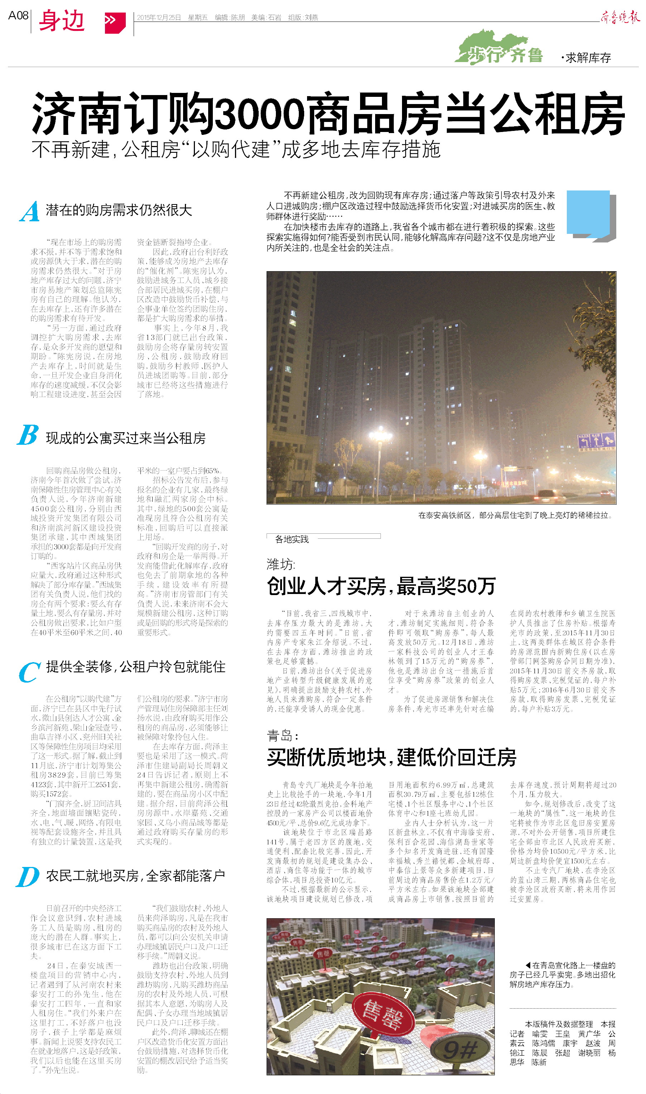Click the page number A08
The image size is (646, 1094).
click(x=18, y=16)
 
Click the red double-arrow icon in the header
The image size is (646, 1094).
click(x=115, y=22)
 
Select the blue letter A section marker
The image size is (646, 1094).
click(x=30, y=212)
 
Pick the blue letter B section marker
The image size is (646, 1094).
click(x=28, y=435)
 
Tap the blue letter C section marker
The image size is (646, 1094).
click(x=29, y=672)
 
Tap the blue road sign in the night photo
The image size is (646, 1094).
click(x=596, y=441)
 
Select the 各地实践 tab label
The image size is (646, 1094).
click(x=292, y=539)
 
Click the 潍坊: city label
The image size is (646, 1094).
click(x=281, y=565)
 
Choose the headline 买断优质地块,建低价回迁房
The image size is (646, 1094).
click(x=391, y=757)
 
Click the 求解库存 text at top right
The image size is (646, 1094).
click(x=588, y=57)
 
